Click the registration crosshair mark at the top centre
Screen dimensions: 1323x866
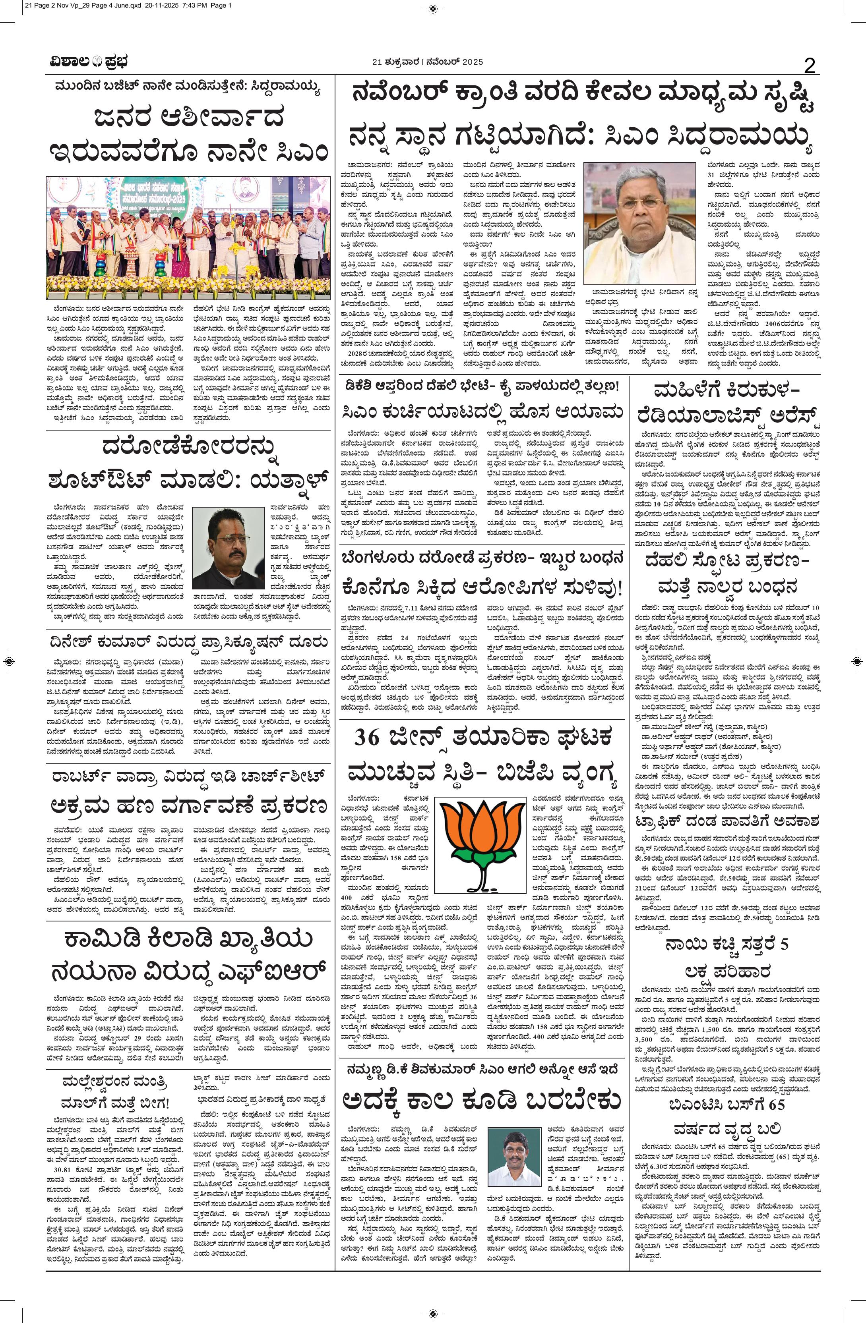tap(433, 8)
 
